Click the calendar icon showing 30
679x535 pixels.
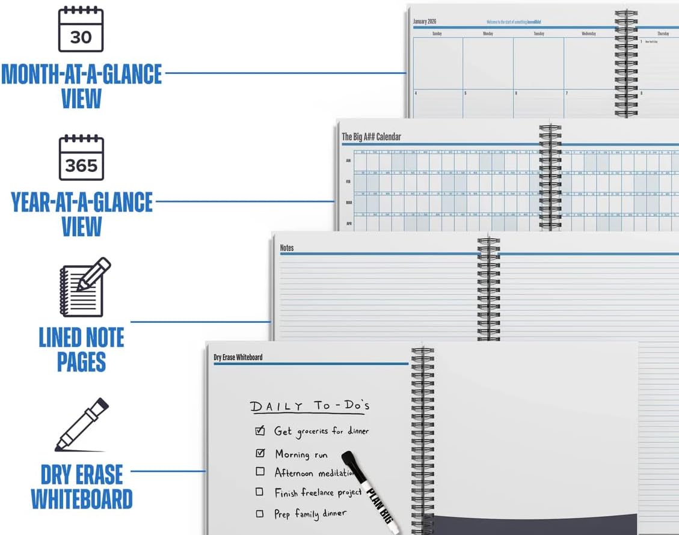click(81, 29)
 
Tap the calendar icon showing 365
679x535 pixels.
click(81, 158)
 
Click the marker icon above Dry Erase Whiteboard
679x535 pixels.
click(82, 424)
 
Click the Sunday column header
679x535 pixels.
click(437, 34)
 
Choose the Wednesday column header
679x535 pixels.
click(589, 34)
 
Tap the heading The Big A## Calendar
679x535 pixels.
click(371, 137)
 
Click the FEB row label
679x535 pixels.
click(348, 181)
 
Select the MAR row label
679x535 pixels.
click(348, 203)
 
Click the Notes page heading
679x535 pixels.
click(287, 248)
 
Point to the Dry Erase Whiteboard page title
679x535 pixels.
click(238, 357)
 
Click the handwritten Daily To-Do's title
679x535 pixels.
click(310, 406)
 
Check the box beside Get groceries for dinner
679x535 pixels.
click(260, 430)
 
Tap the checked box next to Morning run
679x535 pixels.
click(260, 453)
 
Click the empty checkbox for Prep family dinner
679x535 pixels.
click(260, 513)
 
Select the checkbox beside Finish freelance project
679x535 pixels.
click(260, 492)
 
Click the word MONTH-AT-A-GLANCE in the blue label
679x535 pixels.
click(81, 74)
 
